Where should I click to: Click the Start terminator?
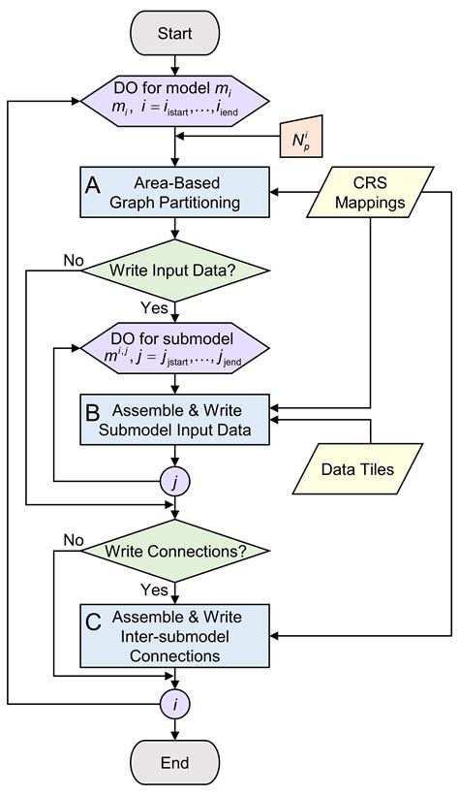click(175, 35)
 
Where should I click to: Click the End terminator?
click(175, 761)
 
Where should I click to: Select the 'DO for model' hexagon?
click(175, 100)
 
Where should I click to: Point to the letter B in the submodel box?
click(94, 411)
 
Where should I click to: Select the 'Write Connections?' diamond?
click(175, 551)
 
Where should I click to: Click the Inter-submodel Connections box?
click(175, 636)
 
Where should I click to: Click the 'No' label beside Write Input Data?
click(74, 260)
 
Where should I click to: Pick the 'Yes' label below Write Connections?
click(153, 589)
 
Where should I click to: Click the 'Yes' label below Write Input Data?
click(153, 308)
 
